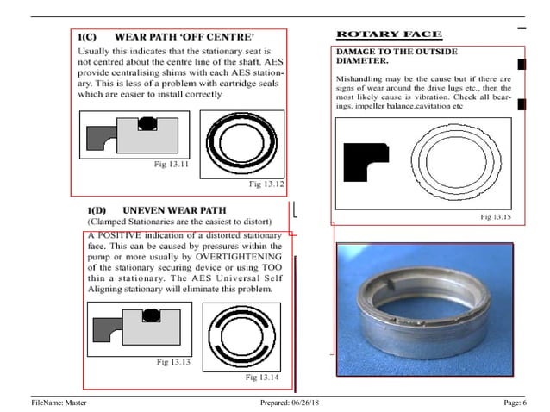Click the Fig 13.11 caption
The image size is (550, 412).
pos(172,164)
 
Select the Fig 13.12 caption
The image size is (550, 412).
pos(266,184)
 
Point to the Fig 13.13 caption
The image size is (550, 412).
pos(173,361)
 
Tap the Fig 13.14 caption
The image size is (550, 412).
pos(262,378)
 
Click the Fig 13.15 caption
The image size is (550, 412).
pos(495,217)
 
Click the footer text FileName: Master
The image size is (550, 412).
pos(59,403)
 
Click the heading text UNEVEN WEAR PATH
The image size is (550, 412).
pos(175,210)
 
